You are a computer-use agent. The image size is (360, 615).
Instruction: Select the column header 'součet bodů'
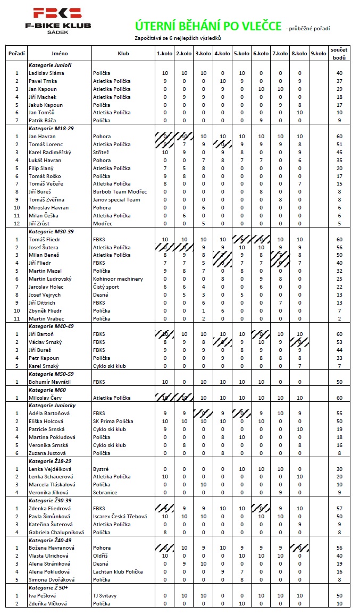click(339, 53)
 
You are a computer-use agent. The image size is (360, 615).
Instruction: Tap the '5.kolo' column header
click(241, 54)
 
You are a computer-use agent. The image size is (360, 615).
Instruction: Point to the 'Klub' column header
click(123, 54)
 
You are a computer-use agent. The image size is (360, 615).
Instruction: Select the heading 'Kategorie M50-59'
click(51, 374)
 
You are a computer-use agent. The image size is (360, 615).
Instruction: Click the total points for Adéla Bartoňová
click(339, 413)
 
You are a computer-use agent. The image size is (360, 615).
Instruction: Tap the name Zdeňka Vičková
click(46, 603)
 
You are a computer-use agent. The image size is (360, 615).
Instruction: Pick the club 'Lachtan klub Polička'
click(118, 572)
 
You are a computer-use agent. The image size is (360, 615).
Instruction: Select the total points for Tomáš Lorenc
click(339, 145)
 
